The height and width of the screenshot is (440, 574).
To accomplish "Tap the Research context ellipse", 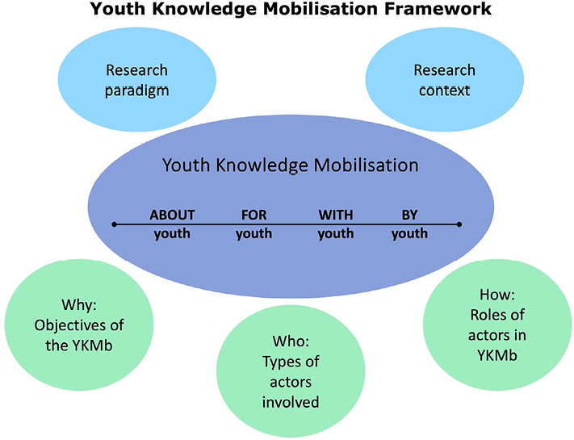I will point(443,80).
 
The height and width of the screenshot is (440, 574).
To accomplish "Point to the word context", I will point(443,90).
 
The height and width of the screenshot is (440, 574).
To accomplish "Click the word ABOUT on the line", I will point(172,215).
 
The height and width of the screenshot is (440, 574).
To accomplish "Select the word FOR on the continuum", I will point(253,215).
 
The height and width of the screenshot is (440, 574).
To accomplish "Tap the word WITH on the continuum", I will point(336,215).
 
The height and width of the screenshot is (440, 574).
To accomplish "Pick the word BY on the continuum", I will point(410,215).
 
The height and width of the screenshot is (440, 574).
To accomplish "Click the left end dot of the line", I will point(115,224).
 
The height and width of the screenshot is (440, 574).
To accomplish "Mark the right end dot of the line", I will point(459,224).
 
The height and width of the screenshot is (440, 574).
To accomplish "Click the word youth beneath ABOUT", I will point(172,235).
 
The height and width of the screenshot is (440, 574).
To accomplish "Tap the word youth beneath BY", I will point(410,235).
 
